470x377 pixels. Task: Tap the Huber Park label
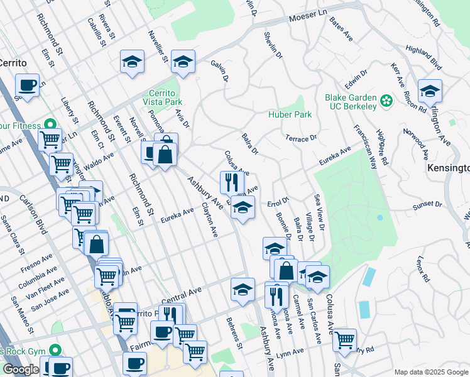(x=290, y=115)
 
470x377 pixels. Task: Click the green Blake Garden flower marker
(x=386, y=99)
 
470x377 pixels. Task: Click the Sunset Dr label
(x=428, y=205)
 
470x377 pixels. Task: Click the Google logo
(x=21, y=369)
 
